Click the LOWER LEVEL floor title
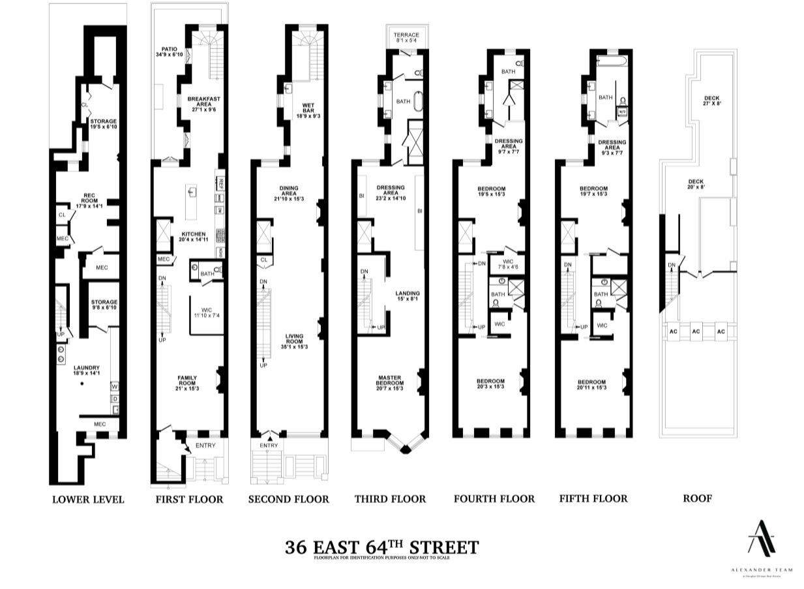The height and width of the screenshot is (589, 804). [87, 500]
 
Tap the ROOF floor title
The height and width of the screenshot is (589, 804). [697, 499]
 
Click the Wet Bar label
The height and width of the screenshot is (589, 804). [308, 109]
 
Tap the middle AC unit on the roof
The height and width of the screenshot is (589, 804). [696, 332]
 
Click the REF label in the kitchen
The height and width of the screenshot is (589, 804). [221, 182]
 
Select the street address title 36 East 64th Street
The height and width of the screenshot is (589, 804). [381, 547]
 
